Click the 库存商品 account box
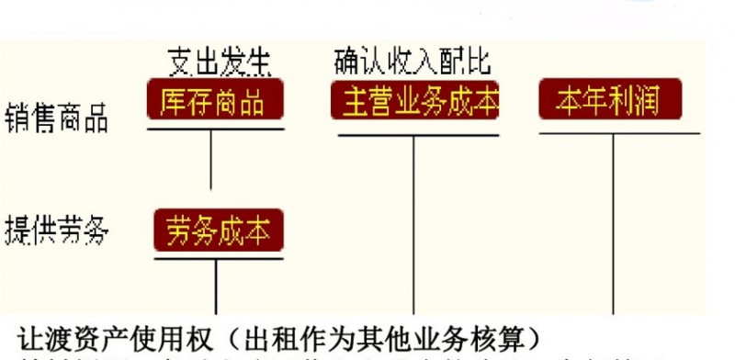point(214,100)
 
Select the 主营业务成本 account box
point(414,100)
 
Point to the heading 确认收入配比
point(413,62)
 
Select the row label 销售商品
point(57,116)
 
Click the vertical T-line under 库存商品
point(212,161)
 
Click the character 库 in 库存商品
point(173,100)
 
